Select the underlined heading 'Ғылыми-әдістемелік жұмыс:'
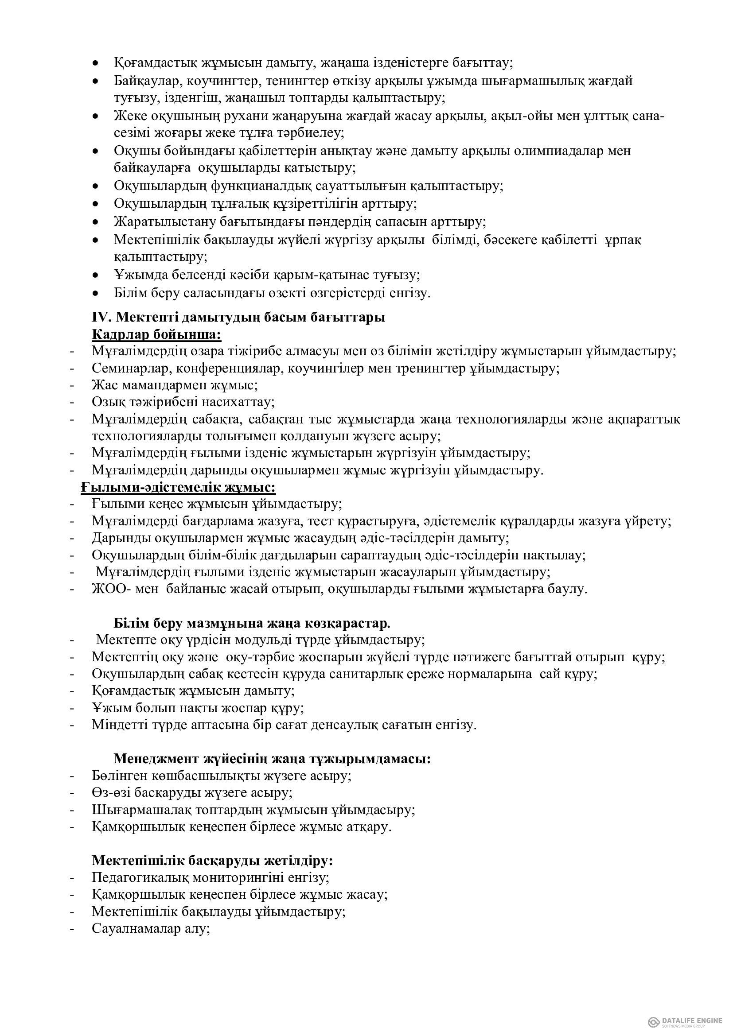pyautogui.click(x=178, y=487)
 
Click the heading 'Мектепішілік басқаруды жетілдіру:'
pyautogui.click(x=212, y=861)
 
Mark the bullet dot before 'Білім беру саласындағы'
pyautogui.click(x=95, y=293)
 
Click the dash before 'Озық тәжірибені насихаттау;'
pyautogui.click(x=72, y=402)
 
